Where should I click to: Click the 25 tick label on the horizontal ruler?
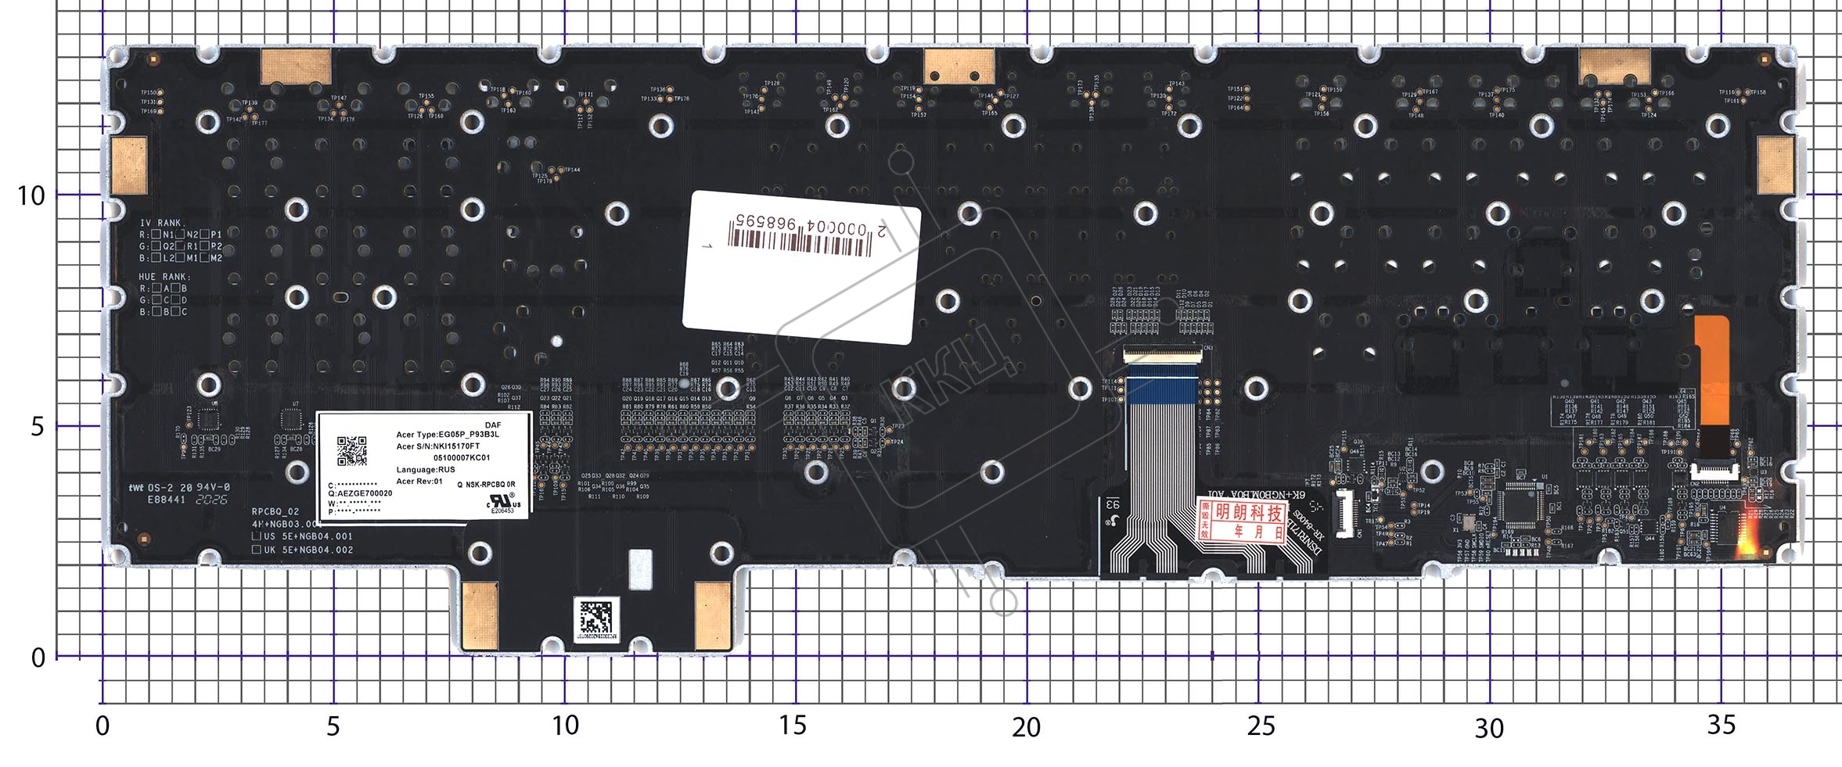tap(1260, 726)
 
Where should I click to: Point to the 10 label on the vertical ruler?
tap(31, 195)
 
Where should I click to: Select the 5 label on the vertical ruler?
tap(37, 427)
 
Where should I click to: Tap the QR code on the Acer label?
tap(351, 451)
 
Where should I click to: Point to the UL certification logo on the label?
tap(500, 501)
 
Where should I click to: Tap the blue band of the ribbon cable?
tap(1160, 390)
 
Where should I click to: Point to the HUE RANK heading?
tap(164, 277)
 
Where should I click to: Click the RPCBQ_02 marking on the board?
tap(275, 511)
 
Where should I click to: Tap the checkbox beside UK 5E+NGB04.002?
tap(257, 550)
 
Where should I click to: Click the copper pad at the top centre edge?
tap(959, 66)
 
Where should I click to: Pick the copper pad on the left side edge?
tap(129, 166)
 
